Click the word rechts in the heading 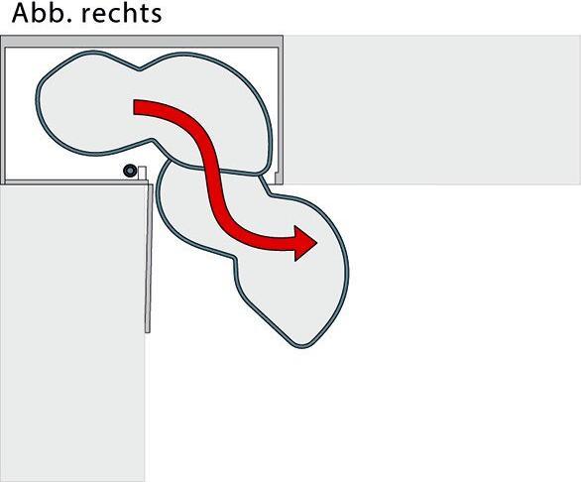click(x=122, y=13)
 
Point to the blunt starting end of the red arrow click(x=135, y=107)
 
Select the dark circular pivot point click(x=130, y=171)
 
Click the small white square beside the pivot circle click(x=143, y=174)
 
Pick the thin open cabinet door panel click(x=149, y=259)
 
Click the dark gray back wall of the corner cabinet click(x=142, y=41)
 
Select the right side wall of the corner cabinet click(x=281, y=110)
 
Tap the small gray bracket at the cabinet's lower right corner click(x=278, y=178)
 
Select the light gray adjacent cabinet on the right click(x=432, y=110)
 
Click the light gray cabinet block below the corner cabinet click(x=72, y=333)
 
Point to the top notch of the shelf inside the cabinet click(x=140, y=69)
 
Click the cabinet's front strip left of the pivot click(x=63, y=182)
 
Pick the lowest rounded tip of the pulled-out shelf click(x=301, y=347)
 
